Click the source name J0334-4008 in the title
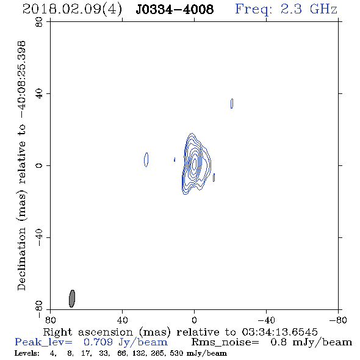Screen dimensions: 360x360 [175, 9]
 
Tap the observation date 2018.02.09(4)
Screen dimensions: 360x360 [72, 10]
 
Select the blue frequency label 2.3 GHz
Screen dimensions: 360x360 [309, 9]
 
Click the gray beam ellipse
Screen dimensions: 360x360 [72, 298]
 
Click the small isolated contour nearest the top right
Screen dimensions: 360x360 [232, 103]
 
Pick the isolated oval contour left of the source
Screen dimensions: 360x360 [146, 160]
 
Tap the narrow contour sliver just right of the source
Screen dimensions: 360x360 [214, 178]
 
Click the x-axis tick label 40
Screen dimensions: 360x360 [122, 320]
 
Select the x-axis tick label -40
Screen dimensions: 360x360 [266, 320]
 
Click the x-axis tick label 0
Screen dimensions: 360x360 [194, 320]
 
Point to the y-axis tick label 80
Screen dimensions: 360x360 [39, 22]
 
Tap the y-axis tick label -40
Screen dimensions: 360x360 [39, 237]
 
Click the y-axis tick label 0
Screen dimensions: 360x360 [39, 165]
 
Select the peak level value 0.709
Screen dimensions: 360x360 [98, 342]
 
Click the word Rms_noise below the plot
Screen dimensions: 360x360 [225, 342]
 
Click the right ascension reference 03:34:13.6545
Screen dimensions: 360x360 [279, 332]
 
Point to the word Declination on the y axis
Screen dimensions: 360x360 [21, 259]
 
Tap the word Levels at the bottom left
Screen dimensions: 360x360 [27, 353]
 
